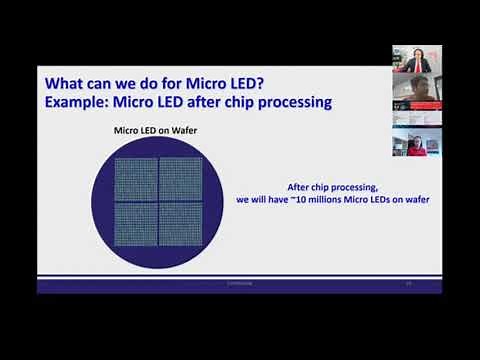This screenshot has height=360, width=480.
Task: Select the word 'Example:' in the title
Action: (x=81, y=102)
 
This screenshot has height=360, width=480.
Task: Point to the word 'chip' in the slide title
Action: (x=243, y=102)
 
